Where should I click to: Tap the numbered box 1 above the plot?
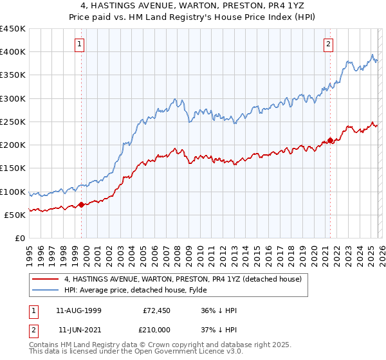click(x=80, y=44)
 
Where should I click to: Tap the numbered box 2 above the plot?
click(x=328, y=44)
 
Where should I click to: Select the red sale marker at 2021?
click(x=330, y=140)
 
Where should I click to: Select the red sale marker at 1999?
click(x=81, y=204)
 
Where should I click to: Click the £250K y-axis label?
click(x=13, y=122)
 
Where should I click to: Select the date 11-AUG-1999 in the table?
click(x=78, y=310)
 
